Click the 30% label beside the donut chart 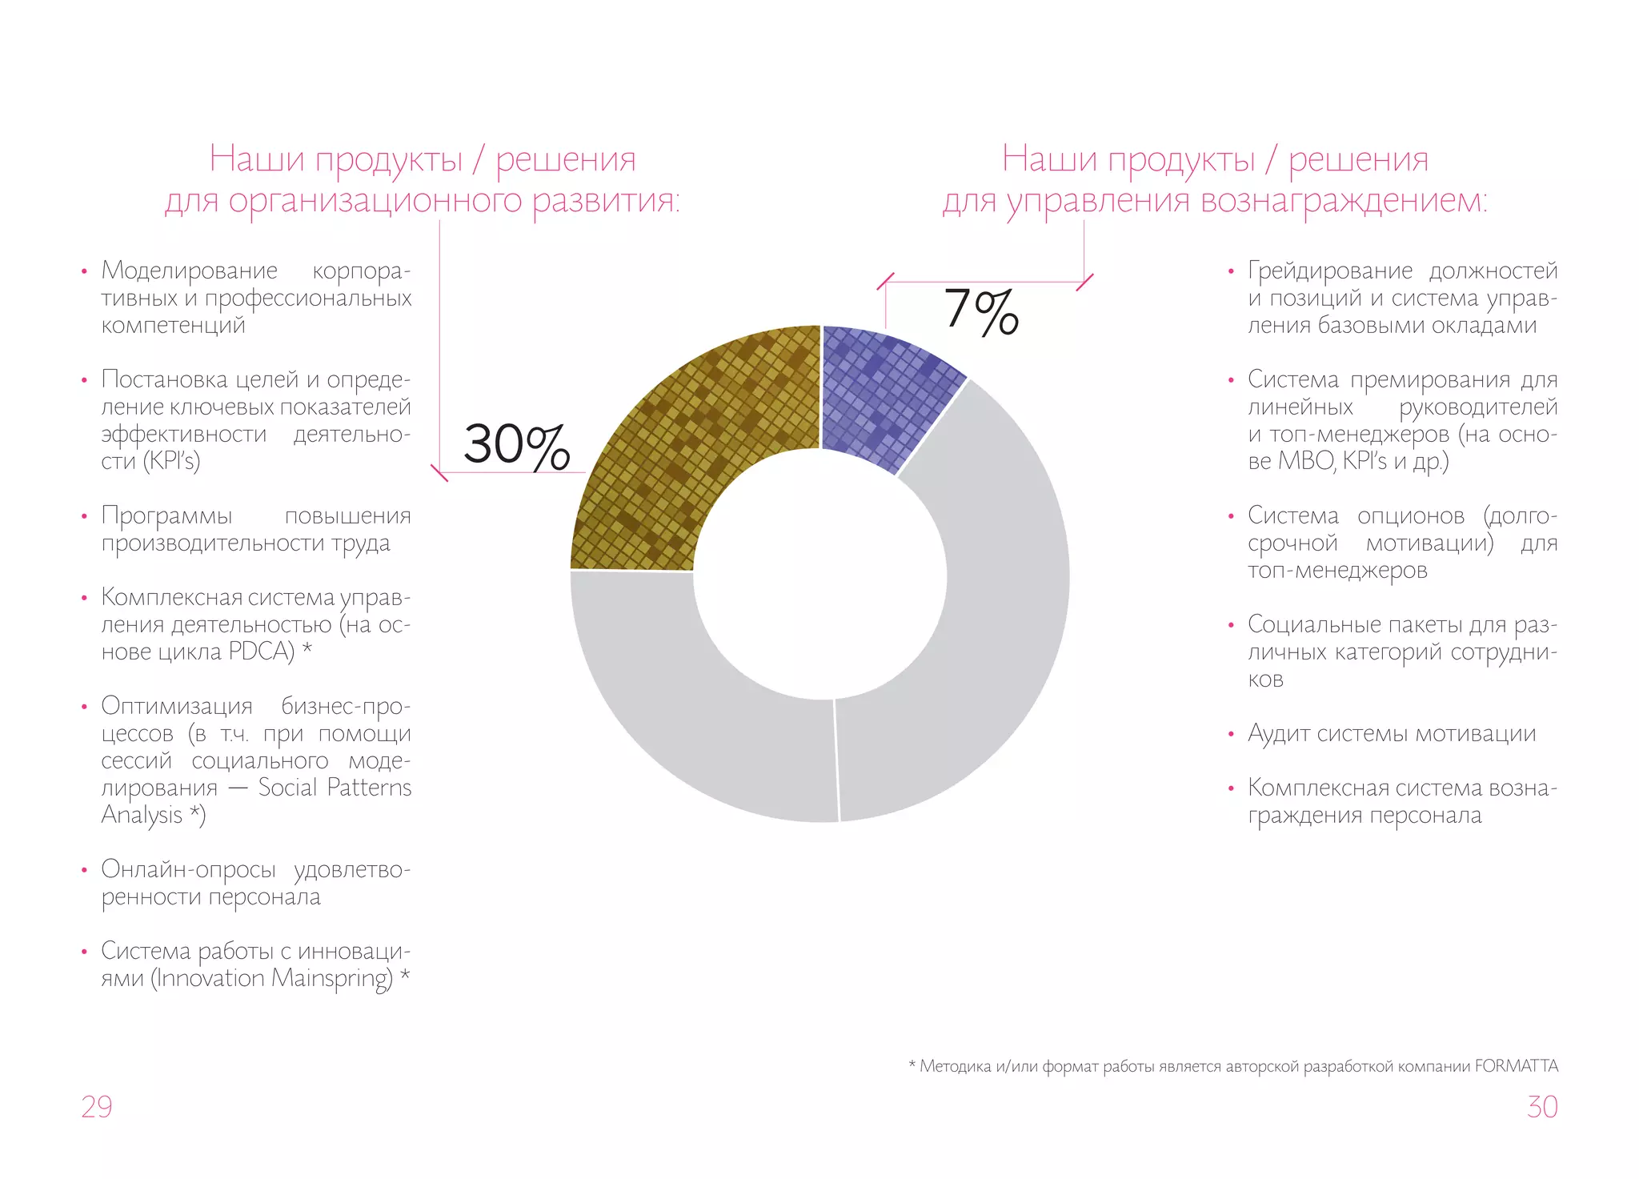[516, 445]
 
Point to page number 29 [97, 1107]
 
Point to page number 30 [1542, 1107]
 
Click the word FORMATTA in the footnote [1517, 1066]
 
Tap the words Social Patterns [335, 788]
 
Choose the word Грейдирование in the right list [1330, 271]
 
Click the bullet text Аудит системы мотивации [1392, 734]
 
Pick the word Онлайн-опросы [188, 869]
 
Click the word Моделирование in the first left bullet [190, 271]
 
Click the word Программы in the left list [167, 515]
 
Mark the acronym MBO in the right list [1305, 461]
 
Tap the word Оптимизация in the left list [177, 706]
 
